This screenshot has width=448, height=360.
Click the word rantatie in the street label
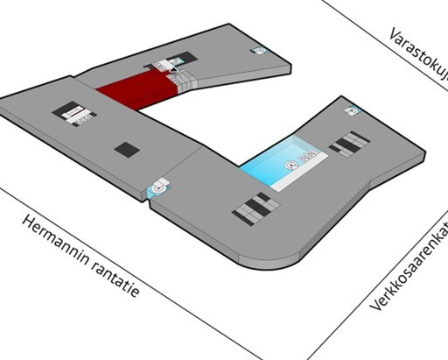tap(116, 279)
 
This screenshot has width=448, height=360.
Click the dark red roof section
tap(136, 88)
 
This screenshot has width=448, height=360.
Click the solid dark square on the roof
tap(127, 150)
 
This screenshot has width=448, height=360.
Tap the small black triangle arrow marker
tap(173, 69)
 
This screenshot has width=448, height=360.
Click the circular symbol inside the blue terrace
tap(291, 166)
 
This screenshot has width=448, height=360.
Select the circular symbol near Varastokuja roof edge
tap(259, 50)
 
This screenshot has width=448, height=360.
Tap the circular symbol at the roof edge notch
tap(158, 188)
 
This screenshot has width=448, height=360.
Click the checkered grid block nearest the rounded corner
tap(256, 208)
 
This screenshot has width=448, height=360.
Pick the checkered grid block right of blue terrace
tap(349, 145)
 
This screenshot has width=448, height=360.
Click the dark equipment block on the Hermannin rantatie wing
tap(74, 114)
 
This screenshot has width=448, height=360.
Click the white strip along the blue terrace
tap(299, 173)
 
